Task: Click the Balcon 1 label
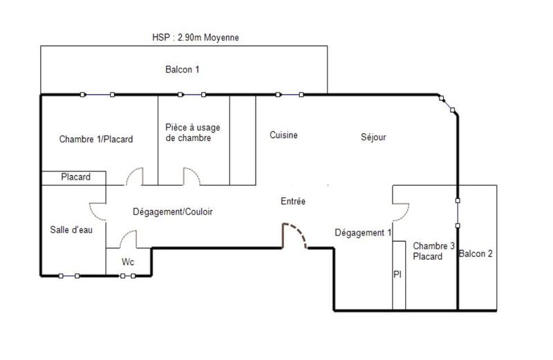[x=182, y=70]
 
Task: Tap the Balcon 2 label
[x=476, y=254]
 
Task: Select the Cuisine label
[x=283, y=135]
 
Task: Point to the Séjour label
[x=373, y=138]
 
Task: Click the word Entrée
[x=292, y=201]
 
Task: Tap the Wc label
[x=128, y=263]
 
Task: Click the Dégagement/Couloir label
[x=172, y=212]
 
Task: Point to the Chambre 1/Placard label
[x=96, y=139]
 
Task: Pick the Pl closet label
[x=398, y=274]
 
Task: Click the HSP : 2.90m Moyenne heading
[x=196, y=38]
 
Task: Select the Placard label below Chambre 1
[x=76, y=178]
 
